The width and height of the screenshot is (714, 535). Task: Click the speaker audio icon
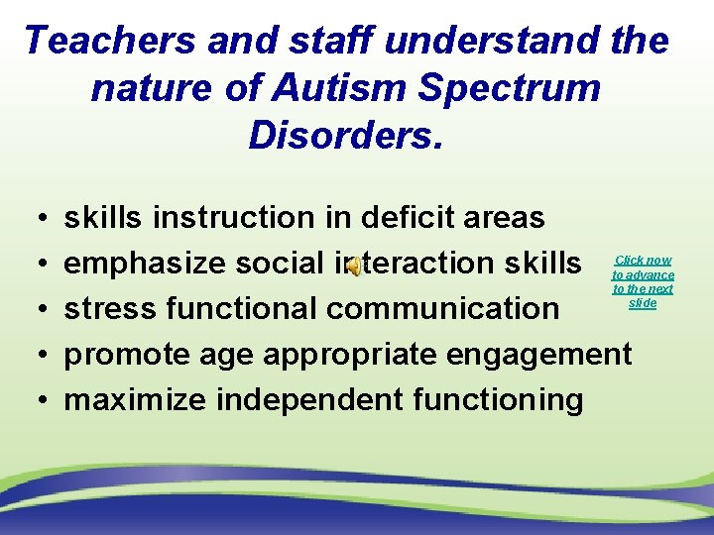[353, 265]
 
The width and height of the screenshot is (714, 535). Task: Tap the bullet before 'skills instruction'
[35, 218]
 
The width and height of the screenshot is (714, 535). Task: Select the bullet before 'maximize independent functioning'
[35, 400]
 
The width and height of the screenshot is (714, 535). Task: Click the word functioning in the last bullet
[503, 399]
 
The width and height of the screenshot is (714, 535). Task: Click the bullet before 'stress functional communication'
[35, 309]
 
